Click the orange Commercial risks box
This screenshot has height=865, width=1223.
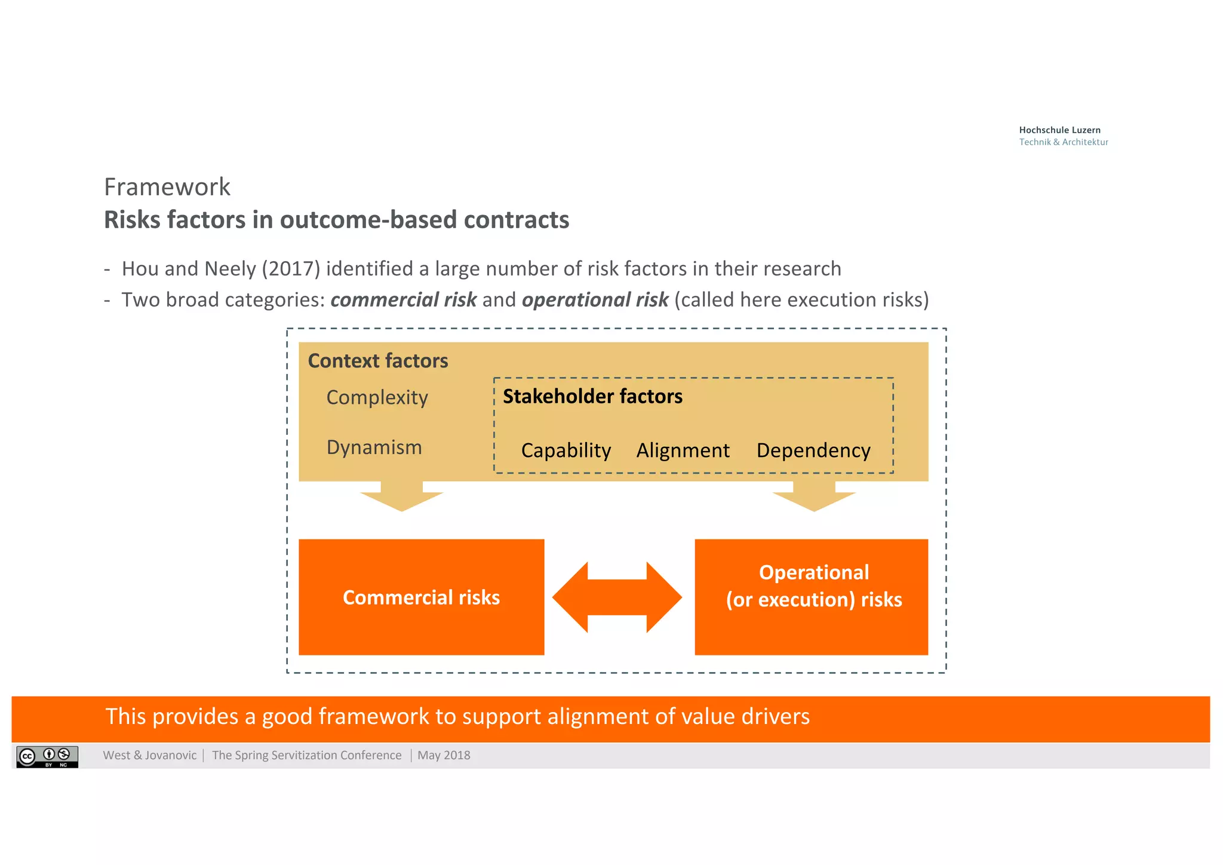(x=421, y=597)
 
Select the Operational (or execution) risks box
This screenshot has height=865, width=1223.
(x=811, y=597)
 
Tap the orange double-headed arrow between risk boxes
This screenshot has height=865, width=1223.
(x=617, y=597)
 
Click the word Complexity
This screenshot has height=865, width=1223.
(x=377, y=398)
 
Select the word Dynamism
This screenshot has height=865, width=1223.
(x=374, y=447)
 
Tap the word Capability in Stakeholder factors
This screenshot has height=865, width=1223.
(x=566, y=450)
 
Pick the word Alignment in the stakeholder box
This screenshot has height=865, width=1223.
(x=683, y=450)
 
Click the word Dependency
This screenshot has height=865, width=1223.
(x=813, y=450)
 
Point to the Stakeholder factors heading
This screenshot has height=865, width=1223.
(x=592, y=397)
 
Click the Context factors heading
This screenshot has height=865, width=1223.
(x=377, y=361)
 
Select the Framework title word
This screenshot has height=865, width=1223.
(x=167, y=187)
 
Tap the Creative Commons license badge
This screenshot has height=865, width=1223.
(x=47, y=756)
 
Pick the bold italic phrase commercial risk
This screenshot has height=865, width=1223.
(x=403, y=300)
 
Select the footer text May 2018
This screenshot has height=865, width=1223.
(x=444, y=755)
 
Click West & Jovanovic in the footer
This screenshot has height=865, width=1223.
(x=149, y=755)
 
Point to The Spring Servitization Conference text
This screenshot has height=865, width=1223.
(x=306, y=755)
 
